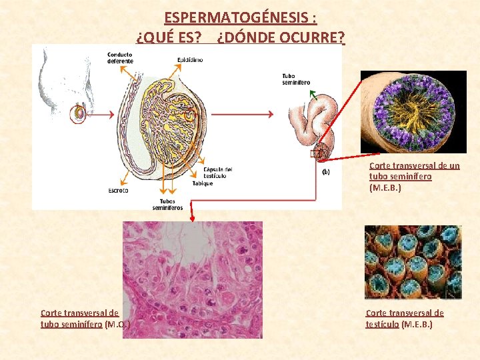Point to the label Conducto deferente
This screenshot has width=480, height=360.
click(x=120, y=57)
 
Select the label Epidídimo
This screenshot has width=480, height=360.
click(x=190, y=60)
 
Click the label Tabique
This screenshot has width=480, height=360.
click(x=203, y=183)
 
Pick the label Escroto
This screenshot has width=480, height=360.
click(x=118, y=191)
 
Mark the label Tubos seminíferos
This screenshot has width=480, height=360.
click(x=167, y=205)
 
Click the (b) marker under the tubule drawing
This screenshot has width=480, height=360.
click(x=326, y=171)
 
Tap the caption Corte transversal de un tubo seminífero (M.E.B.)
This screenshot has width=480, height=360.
click(x=414, y=177)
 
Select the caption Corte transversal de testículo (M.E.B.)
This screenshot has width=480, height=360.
click(x=405, y=319)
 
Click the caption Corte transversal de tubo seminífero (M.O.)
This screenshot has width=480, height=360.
click(x=84, y=319)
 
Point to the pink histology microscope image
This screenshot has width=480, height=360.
click(x=193, y=280)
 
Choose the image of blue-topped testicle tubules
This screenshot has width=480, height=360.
click(x=413, y=262)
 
